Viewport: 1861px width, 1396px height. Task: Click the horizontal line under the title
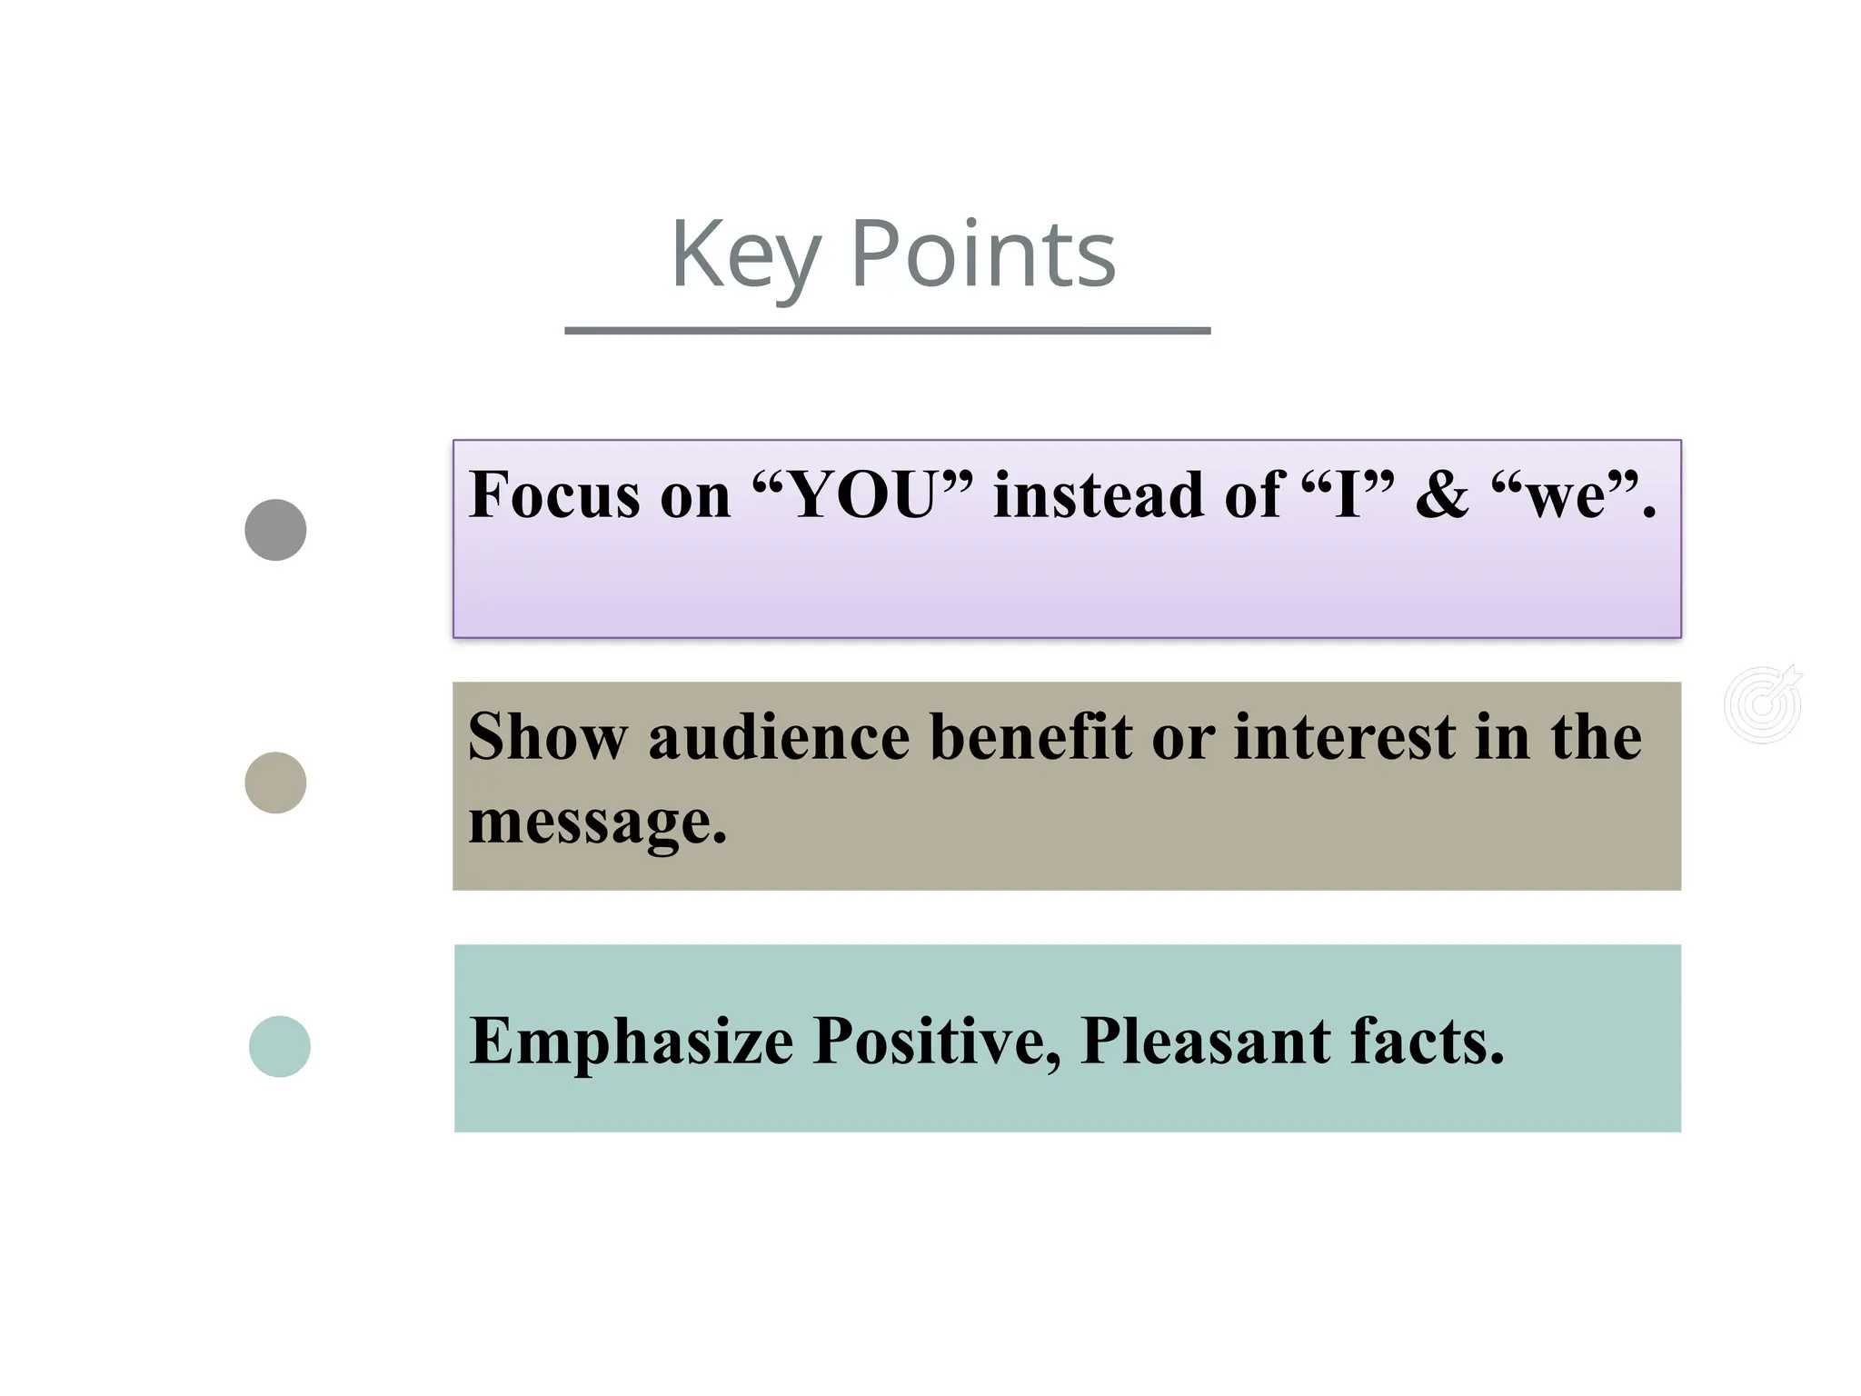(887, 331)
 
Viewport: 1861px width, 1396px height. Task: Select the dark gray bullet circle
(275, 530)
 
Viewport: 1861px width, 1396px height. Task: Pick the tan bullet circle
(275, 783)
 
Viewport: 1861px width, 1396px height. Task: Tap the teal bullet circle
(280, 1046)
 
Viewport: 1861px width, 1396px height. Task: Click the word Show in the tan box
(547, 736)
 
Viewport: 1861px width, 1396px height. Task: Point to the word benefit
(1031, 736)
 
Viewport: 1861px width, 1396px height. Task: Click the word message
(596, 822)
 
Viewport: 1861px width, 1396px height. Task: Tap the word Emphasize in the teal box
(632, 1042)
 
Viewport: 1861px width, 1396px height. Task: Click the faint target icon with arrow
(1763, 704)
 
